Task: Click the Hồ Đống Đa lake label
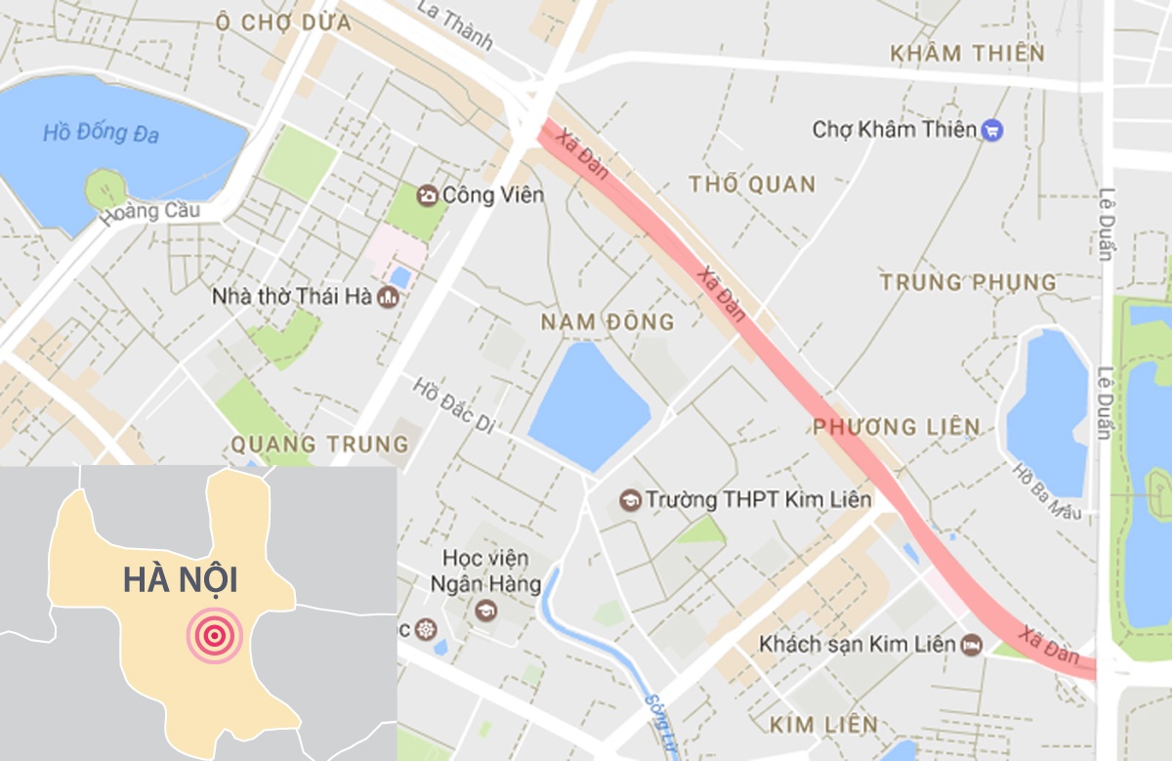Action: (101, 132)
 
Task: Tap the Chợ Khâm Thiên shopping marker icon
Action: (992, 129)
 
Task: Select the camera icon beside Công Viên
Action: (427, 195)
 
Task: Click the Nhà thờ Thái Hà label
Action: (292, 295)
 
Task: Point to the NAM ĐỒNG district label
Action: (607, 321)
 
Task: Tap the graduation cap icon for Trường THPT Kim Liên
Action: (630, 500)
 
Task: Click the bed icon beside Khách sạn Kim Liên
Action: (971, 645)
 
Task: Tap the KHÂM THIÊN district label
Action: (968, 53)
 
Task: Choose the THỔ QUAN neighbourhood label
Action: (751, 184)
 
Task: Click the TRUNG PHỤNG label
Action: (968, 282)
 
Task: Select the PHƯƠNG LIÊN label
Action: (896, 426)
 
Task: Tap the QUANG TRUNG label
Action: (319, 444)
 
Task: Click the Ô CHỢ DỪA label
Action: (284, 21)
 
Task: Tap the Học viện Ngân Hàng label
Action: (485, 571)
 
